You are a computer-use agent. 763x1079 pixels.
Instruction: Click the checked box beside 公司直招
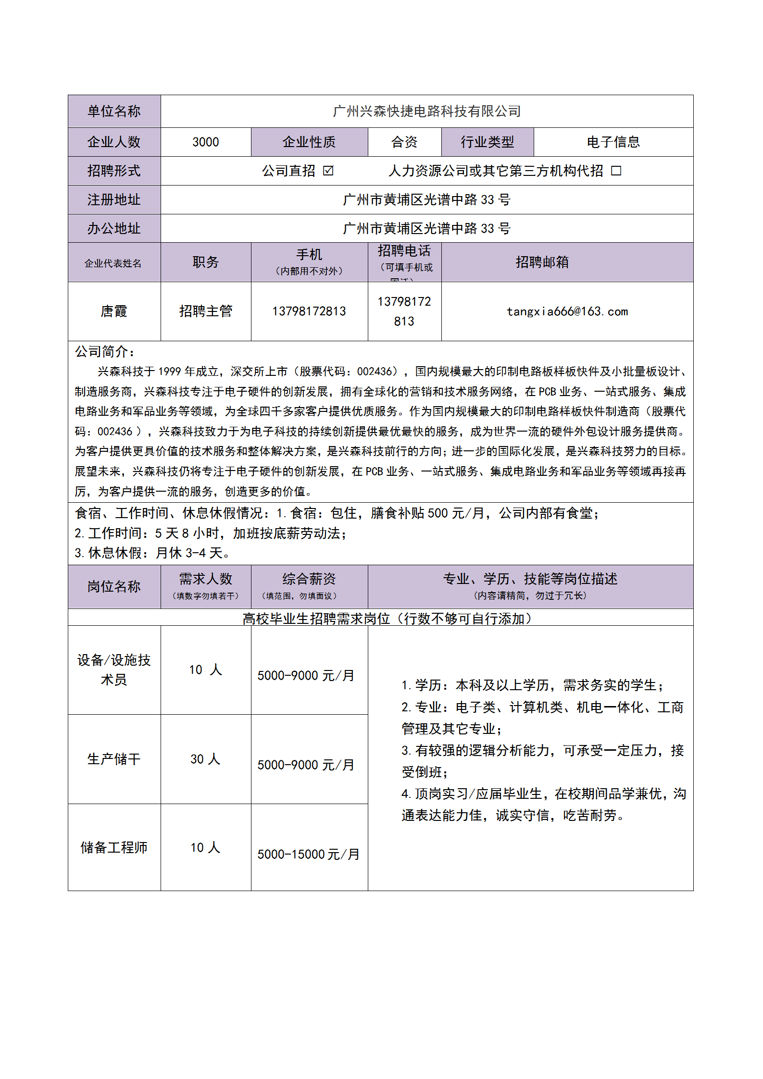coord(328,171)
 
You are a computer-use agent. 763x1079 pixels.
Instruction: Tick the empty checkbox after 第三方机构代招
coord(616,171)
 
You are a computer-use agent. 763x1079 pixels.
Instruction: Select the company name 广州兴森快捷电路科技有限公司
coord(426,112)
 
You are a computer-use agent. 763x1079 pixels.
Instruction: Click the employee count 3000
coord(205,142)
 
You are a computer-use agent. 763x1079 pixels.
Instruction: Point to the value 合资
coord(404,142)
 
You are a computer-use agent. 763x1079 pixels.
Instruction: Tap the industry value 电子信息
coord(613,142)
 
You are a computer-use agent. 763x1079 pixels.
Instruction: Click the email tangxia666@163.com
coord(567,311)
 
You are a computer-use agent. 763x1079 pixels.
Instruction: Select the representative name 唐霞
coord(114,311)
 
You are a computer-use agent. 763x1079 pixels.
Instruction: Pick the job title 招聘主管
coord(205,311)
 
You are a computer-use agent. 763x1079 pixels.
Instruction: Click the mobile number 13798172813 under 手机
coord(309,311)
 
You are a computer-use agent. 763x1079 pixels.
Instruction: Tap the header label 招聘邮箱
coord(542,262)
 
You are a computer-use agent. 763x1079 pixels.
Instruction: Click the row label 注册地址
coord(114,199)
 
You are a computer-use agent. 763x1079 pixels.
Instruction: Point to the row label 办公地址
coord(114,228)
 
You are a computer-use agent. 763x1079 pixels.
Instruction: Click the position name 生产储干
coord(114,759)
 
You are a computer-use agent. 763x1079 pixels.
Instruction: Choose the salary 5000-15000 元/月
coord(308,854)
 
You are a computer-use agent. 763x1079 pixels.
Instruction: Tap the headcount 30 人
coord(205,759)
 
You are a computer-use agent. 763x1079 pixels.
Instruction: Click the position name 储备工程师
coord(114,847)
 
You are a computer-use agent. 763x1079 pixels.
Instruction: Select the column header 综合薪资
coord(309,579)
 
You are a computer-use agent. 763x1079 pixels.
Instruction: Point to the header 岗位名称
coord(114,586)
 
